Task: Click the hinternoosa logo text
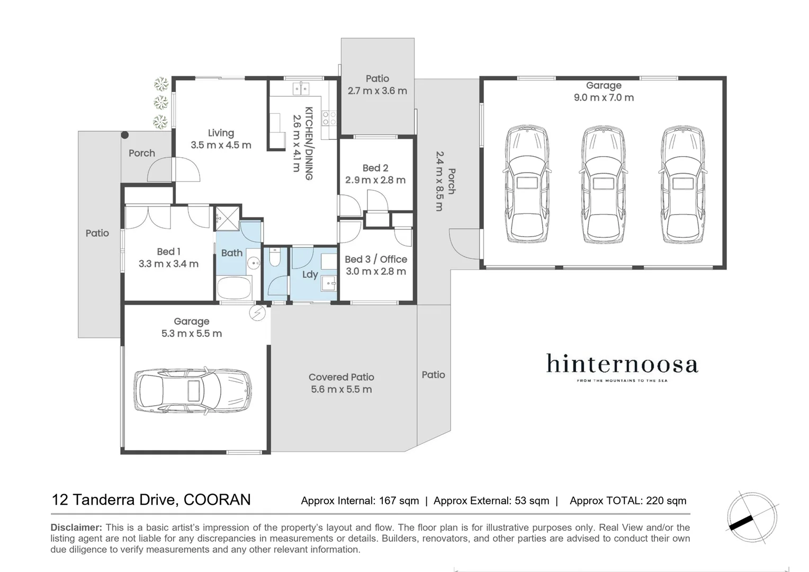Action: [x=622, y=364]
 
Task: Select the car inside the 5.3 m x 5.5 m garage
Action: [x=192, y=390]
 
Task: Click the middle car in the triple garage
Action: [x=603, y=184]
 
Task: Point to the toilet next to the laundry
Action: [x=274, y=258]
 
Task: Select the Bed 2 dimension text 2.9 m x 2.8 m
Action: [x=375, y=180]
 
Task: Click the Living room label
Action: [x=221, y=133]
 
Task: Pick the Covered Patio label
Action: [x=341, y=377]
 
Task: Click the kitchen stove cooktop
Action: [x=329, y=118]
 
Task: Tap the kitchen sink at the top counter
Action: [x=301, y=88]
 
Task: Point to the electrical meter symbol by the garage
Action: [x=257, y=313]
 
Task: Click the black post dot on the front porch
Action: [x=124, y=135]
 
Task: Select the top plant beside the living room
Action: [x=161, y=84]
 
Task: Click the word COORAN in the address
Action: [x=217, y=500]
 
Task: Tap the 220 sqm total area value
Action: [x=666, y=501]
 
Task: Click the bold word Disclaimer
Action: [x=76, y=528]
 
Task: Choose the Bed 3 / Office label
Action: [x=376, y=259]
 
